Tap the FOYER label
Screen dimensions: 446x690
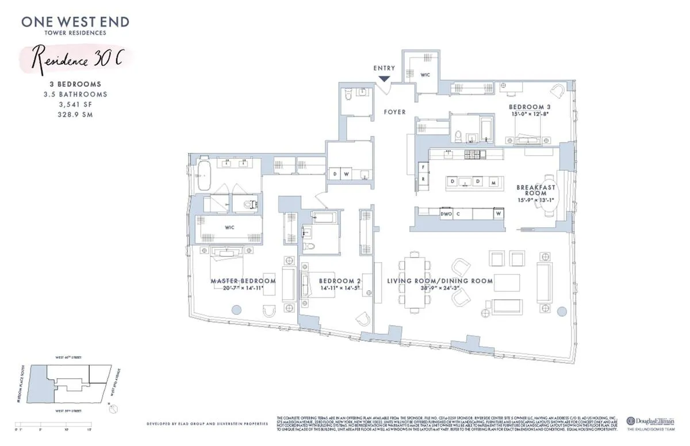tap(394, 112)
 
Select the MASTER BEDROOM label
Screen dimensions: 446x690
tap(243, 281)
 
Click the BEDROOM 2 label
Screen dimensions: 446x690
tap(340, 281)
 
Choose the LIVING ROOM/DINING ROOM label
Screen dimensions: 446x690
tap(440, 281)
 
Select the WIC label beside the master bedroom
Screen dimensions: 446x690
tap(229, 227)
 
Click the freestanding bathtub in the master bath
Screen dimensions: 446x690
tap(204, 176)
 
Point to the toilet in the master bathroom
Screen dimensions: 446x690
tap(250, 203)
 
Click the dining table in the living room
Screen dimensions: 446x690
tap(413, 283)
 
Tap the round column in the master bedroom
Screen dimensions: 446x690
tap(235, 310)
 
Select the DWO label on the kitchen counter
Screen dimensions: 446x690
tap(445, 213)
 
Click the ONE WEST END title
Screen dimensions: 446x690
tap(75, 22)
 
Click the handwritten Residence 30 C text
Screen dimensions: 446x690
tap(75, 59)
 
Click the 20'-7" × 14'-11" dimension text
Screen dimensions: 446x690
tap(243, 289)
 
